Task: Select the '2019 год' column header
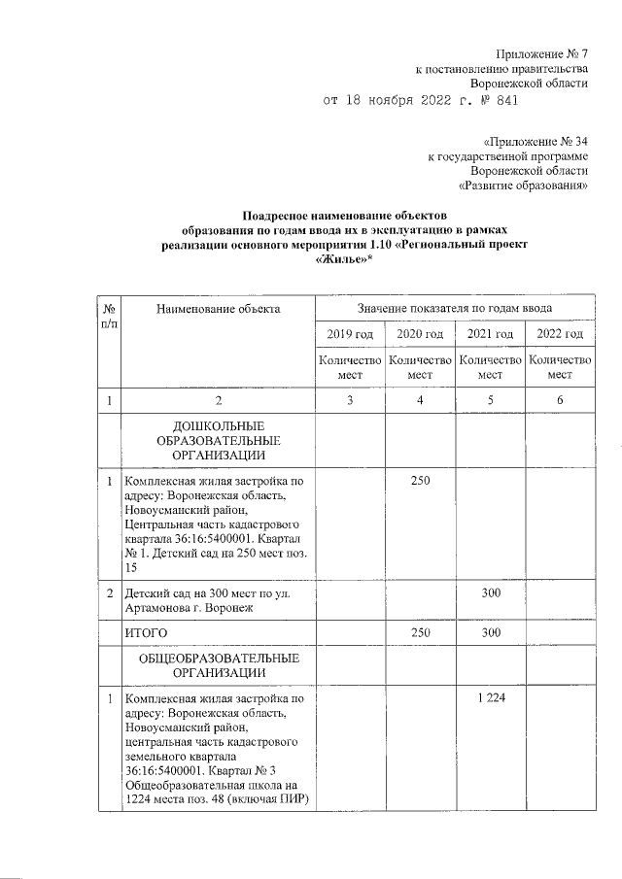coord(350,334)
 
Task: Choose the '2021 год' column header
coord(490,334)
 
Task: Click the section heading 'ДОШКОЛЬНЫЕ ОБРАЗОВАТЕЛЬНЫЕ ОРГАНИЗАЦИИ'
coord(218,440)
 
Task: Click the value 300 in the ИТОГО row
coord(490,633)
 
